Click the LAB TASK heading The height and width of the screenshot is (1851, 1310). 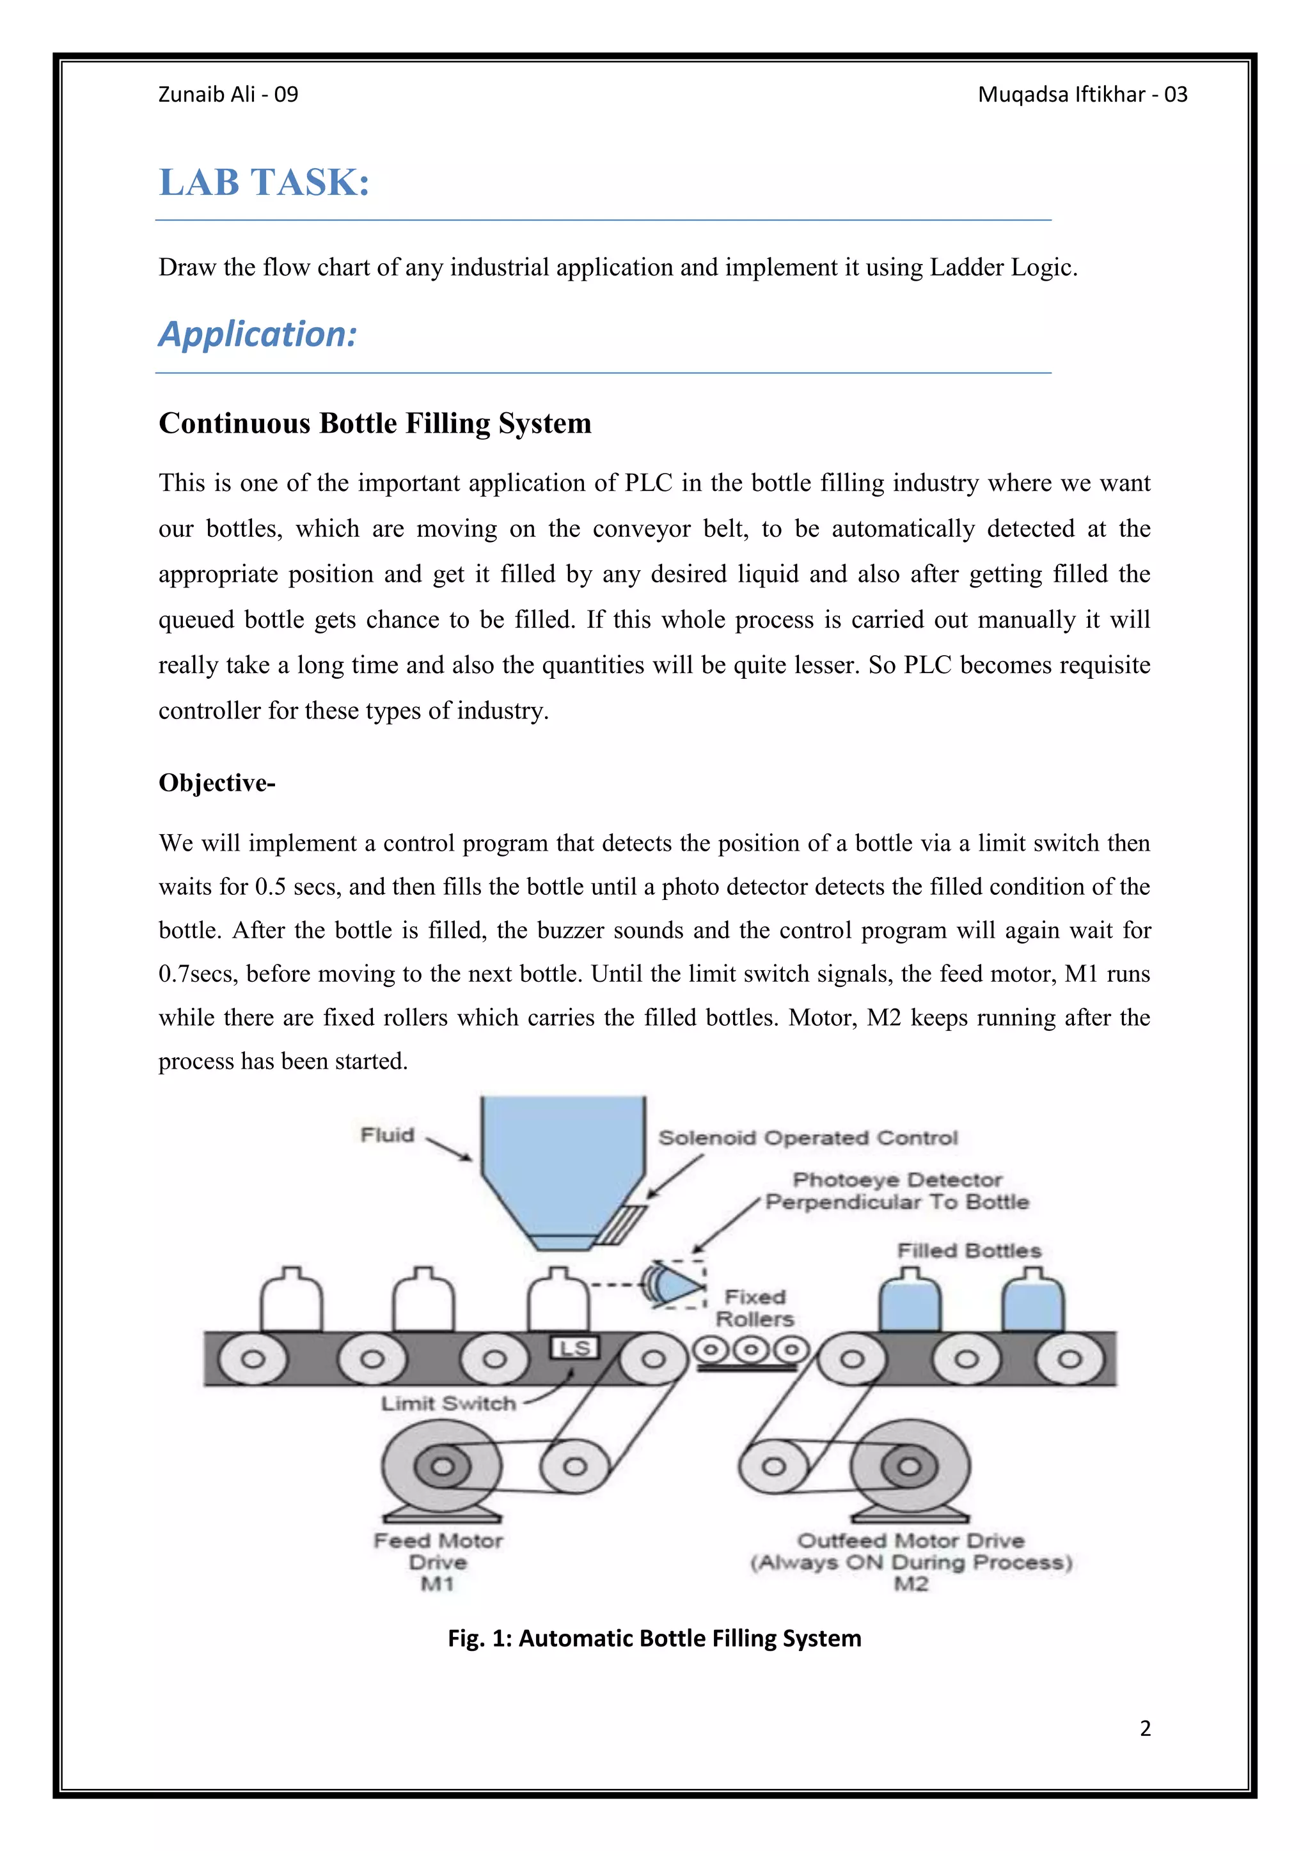(x=264, y=182)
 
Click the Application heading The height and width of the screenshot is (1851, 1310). (x=257, y=334)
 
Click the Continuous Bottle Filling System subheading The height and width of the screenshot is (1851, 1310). (x=374, y=423)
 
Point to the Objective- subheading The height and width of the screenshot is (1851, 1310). (x=216, y=783)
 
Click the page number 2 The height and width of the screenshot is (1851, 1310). (x=1144, y=1728)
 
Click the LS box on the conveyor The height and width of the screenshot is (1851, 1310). (x=574, y=1348)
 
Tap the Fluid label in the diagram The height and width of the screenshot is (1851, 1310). (x=387, y=1135)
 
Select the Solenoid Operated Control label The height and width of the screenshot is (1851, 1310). (x=807, y=1138)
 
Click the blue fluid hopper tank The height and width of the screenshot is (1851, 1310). (x=562, y=1161)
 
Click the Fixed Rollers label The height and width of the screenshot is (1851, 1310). (x=755, y=1308)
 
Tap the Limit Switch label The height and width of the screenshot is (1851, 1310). (x=448, y=1404)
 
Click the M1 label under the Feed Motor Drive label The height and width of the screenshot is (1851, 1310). (x=438, y=1584)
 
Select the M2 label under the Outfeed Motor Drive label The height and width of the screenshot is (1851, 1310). (x=911, y=1584)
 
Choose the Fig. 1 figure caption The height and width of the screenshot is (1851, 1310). (x=654, y=1638)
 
